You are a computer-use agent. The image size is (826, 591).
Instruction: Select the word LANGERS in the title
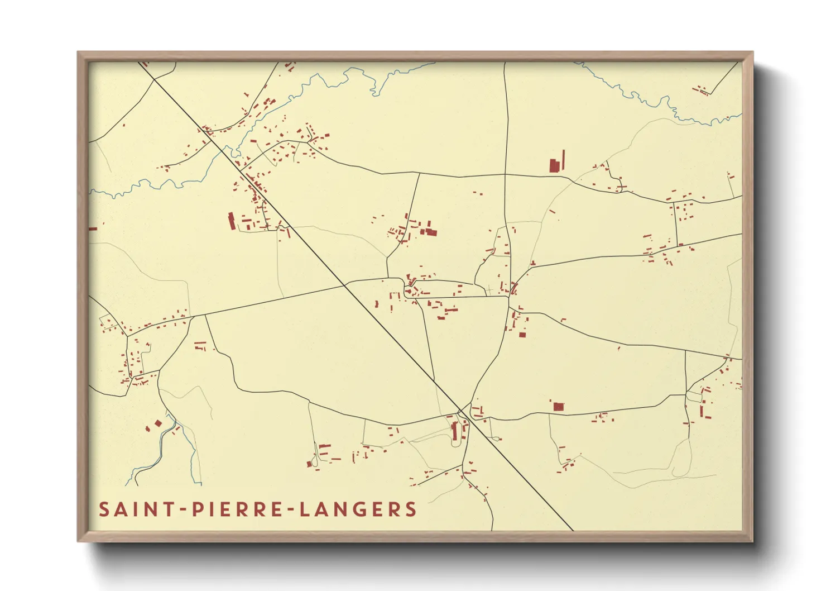point(358,509)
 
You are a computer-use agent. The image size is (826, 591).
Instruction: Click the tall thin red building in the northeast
point(563,160)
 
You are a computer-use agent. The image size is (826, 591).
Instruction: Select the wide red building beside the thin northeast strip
point(554,165)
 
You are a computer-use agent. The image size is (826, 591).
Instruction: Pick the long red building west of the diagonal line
point(232,221)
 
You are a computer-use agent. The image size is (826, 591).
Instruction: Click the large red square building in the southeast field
point(558,407)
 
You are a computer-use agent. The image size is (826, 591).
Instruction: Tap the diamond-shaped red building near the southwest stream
point(158,423)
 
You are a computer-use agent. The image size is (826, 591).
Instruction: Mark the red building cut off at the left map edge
point(93,228)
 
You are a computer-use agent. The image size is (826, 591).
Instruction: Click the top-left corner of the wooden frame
point(78,53)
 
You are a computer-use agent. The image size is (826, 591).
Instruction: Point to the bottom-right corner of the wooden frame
point(753,541)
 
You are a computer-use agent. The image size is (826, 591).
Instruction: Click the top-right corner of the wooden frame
point(753,53)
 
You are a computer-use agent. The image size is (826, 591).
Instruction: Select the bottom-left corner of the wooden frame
point(78,541)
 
